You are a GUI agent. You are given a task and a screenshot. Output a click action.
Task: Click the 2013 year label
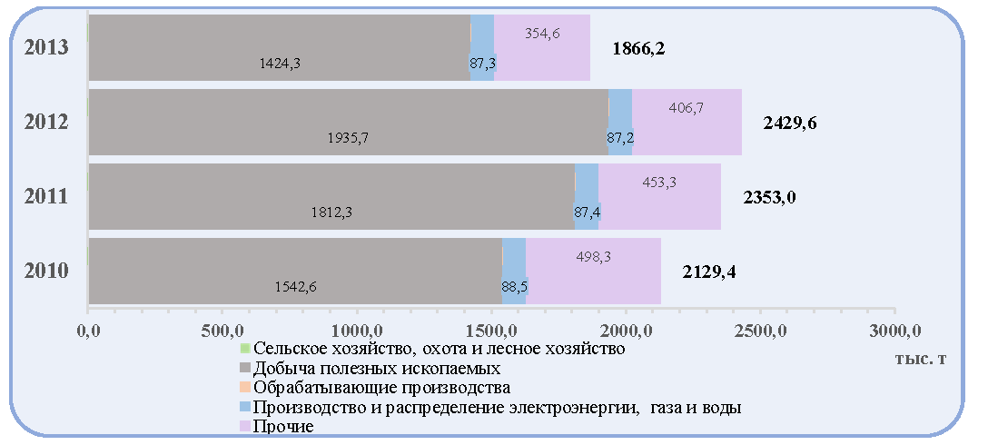click(46, 48)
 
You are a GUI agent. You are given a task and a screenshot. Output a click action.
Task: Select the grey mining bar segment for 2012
click(349, 122)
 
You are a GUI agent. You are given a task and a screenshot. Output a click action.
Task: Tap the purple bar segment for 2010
click(593, 271)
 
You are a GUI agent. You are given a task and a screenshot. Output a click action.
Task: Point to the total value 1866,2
click(639, 48)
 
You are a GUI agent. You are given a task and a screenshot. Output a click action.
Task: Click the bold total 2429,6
click(789, 123)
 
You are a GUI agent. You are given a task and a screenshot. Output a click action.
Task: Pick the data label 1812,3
click(331, 213)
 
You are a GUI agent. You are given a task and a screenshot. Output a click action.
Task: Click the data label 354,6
click(542, 34)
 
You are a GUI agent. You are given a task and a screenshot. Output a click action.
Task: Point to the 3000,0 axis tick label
click(894, 330)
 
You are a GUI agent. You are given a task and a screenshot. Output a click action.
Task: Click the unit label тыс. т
click(920, 358)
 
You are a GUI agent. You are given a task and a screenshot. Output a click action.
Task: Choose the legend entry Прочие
click(282, 427)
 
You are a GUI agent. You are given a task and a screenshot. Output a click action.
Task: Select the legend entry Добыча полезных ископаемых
click(376, 368)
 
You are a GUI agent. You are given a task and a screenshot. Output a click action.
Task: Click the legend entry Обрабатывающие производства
click(380, 387)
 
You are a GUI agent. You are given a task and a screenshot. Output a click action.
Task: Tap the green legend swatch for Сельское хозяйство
click(245, 349)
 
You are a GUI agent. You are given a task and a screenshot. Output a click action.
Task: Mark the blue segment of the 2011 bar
click(587, 197)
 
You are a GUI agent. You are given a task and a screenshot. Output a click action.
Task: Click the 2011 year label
click(46, 197)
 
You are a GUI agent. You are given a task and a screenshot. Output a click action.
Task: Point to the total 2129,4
click(709, 272)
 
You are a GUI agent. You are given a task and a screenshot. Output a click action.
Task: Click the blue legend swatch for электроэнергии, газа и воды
click(245, 407)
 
